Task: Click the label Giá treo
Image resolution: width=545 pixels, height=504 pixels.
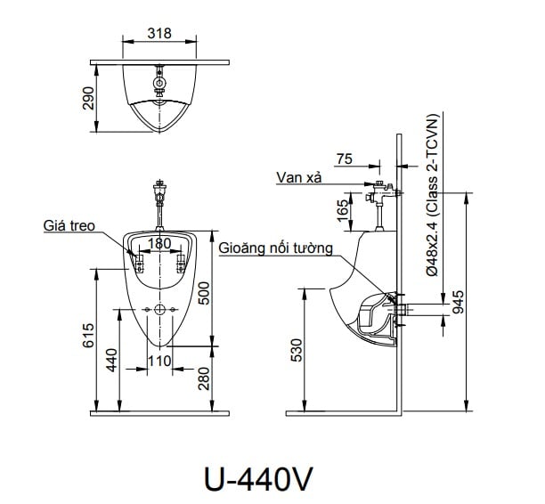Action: click(x=69, y=226)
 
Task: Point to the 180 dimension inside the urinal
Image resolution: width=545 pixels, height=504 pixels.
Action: click(x=159, y=243)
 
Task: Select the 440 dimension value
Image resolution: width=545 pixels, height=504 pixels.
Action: click(x=112, y=362)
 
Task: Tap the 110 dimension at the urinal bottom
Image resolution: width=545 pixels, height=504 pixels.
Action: click(x=159, y=361)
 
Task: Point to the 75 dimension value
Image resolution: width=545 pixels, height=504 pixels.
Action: click(x=346, y=159)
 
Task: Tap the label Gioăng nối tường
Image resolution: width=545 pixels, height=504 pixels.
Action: click(x=275, y=248)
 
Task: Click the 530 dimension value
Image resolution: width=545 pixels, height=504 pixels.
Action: click(x=297, y=351)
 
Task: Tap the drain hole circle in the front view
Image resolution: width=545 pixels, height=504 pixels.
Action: click(x=159, y=310)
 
